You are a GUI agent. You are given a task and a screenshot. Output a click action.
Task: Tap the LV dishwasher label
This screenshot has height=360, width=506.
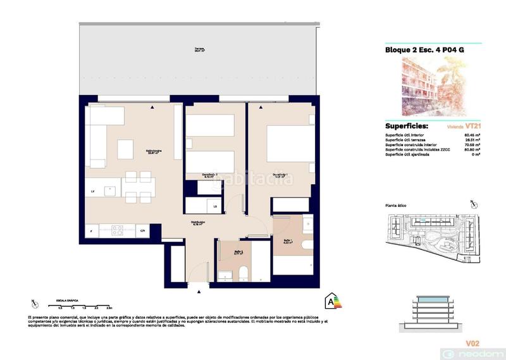(x=92, y=190)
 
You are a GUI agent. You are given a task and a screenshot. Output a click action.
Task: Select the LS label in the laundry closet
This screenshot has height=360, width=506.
(x=216, y=206)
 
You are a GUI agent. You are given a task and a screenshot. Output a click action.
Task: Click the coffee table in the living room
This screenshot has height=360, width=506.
(x=125, y=149)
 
